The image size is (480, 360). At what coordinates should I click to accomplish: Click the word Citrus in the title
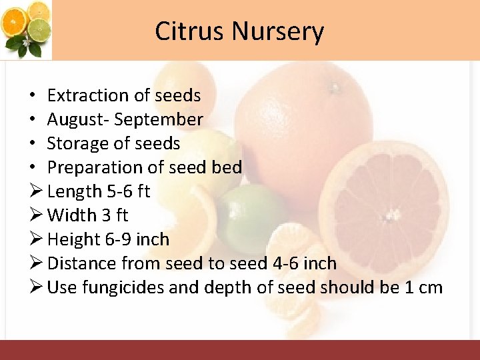[x=190, y=31]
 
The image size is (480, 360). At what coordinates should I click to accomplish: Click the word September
[x=159, y=120]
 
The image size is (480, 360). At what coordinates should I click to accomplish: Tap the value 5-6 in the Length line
[x=120, y=192]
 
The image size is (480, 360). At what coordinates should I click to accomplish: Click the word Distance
[x=80, y=264]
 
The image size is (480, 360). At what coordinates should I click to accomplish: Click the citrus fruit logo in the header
[x=26, y=29]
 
